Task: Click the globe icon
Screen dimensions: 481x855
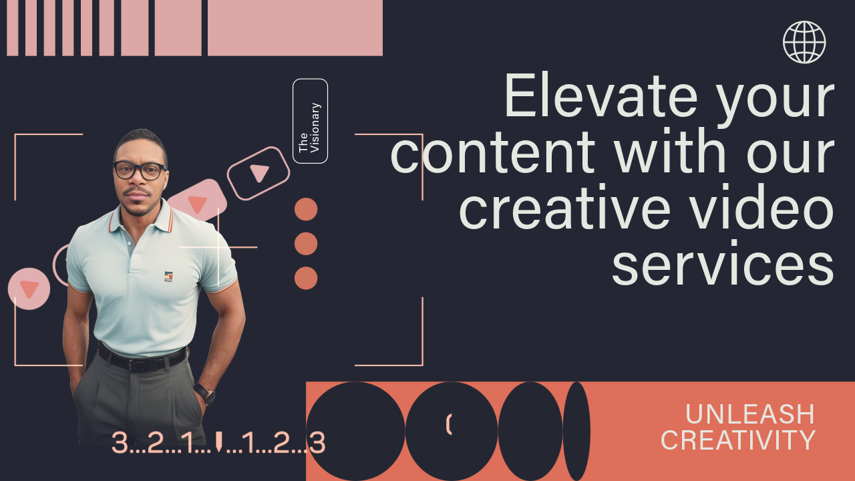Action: [804, 42]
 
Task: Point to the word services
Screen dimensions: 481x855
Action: [723, 264]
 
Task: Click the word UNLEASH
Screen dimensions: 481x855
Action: [749, 415]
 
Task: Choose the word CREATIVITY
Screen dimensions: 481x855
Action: [738, 441]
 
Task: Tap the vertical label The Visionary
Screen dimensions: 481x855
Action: [310, 121]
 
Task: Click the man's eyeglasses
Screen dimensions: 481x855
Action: [139, 170]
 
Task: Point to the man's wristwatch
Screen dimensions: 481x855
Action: [205, 393]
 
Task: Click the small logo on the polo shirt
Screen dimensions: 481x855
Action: [168, 277]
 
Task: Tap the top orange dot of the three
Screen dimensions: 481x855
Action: [306, 209]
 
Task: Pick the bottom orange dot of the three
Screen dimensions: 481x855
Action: [306, 278]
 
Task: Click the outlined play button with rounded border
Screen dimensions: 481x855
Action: [259, 173]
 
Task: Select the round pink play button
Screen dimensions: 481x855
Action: [29, 289]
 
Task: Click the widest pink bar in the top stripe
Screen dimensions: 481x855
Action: [295, 27]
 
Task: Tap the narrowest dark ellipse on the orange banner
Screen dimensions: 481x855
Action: [576, 431]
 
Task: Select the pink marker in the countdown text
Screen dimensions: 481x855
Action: [218, 442]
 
